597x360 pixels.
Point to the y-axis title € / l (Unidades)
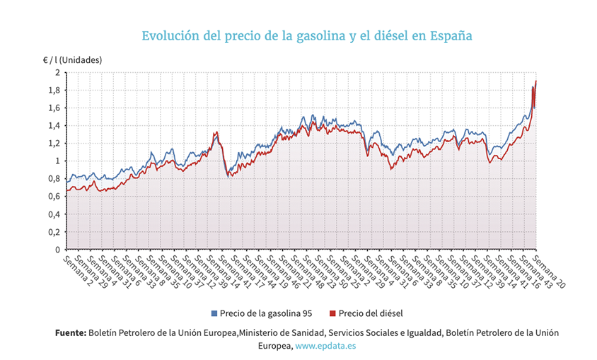72,59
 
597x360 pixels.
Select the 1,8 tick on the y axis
54,90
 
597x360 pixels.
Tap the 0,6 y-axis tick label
54,197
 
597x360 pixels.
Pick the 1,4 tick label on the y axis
54,125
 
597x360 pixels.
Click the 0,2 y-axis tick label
54,232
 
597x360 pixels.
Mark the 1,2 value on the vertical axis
54,143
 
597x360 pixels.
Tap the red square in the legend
332,313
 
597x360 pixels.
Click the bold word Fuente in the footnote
71,332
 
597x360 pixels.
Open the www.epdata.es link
326,347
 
